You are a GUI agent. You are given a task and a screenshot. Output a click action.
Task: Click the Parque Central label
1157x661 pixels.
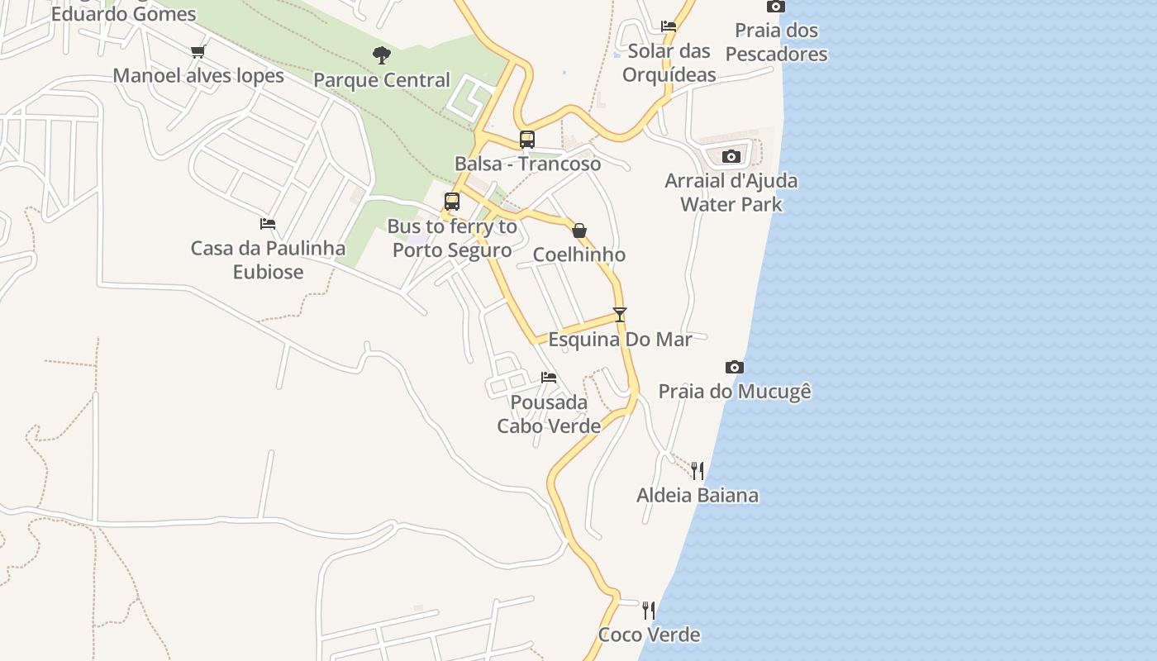tap(382, 80)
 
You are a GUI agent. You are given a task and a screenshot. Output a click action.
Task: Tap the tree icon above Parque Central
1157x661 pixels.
tap(381, 55)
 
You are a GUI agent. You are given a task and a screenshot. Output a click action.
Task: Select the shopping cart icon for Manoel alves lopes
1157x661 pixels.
tap(198, 52)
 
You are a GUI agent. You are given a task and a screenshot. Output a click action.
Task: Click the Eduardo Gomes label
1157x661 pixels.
tap(124, 14)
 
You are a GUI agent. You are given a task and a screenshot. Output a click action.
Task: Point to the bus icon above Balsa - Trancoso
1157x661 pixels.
tap(527, 140)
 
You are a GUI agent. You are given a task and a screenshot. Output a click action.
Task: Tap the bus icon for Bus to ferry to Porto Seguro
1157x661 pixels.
tap(452, 201)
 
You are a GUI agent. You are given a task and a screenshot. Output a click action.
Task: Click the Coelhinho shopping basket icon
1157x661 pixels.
tap(579, 231)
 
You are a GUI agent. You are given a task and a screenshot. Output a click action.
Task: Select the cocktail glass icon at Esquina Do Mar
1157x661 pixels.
tap(620, 315)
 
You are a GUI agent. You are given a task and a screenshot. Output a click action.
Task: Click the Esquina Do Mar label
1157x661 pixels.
tap(620, 339)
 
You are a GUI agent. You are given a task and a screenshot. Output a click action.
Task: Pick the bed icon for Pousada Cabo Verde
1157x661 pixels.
tap(549, 378)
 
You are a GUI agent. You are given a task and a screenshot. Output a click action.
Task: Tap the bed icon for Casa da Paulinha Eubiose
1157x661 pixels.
tap(268, 224)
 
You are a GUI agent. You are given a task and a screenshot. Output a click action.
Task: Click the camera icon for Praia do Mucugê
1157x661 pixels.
tap(735, 367)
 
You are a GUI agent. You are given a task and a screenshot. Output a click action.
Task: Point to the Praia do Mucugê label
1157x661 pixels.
tap(735, 391)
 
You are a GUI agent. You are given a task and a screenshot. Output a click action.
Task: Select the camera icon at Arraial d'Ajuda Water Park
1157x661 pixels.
tap(731, 156)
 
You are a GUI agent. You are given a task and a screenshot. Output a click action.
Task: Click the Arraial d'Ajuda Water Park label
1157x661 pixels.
tap(731, 192)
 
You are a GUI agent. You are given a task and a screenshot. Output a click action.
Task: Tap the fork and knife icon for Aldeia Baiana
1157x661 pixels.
tap(698, 471)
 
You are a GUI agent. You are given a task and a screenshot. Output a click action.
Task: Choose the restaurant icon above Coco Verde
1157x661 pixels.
tap(649, 611)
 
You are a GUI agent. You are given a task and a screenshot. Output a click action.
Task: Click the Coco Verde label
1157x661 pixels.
tap(649, 635)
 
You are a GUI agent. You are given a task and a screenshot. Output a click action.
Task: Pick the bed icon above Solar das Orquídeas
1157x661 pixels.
tap(669, 26)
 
